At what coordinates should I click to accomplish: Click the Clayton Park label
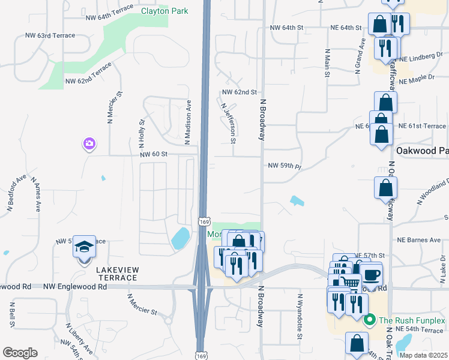[x=164, y=11]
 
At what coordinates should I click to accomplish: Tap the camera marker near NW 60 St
[x=89, y=143]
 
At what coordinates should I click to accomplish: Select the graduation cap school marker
[x=84, y=246]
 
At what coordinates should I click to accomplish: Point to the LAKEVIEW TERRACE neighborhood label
[x=116, y=274]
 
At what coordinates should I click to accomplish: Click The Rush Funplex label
[x=411, y=320]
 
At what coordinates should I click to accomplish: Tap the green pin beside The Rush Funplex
[x=370, y=320]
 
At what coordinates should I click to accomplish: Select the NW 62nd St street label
[x=239, y=92]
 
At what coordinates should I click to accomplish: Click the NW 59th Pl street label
[x=283, y=165]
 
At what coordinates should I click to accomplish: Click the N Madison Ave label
[x=188, y=122]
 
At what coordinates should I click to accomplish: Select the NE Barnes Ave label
[x=419, y=240]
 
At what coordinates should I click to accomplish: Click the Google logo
[x=20, y=352]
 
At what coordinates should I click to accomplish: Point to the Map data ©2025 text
[x=423, y=355]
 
